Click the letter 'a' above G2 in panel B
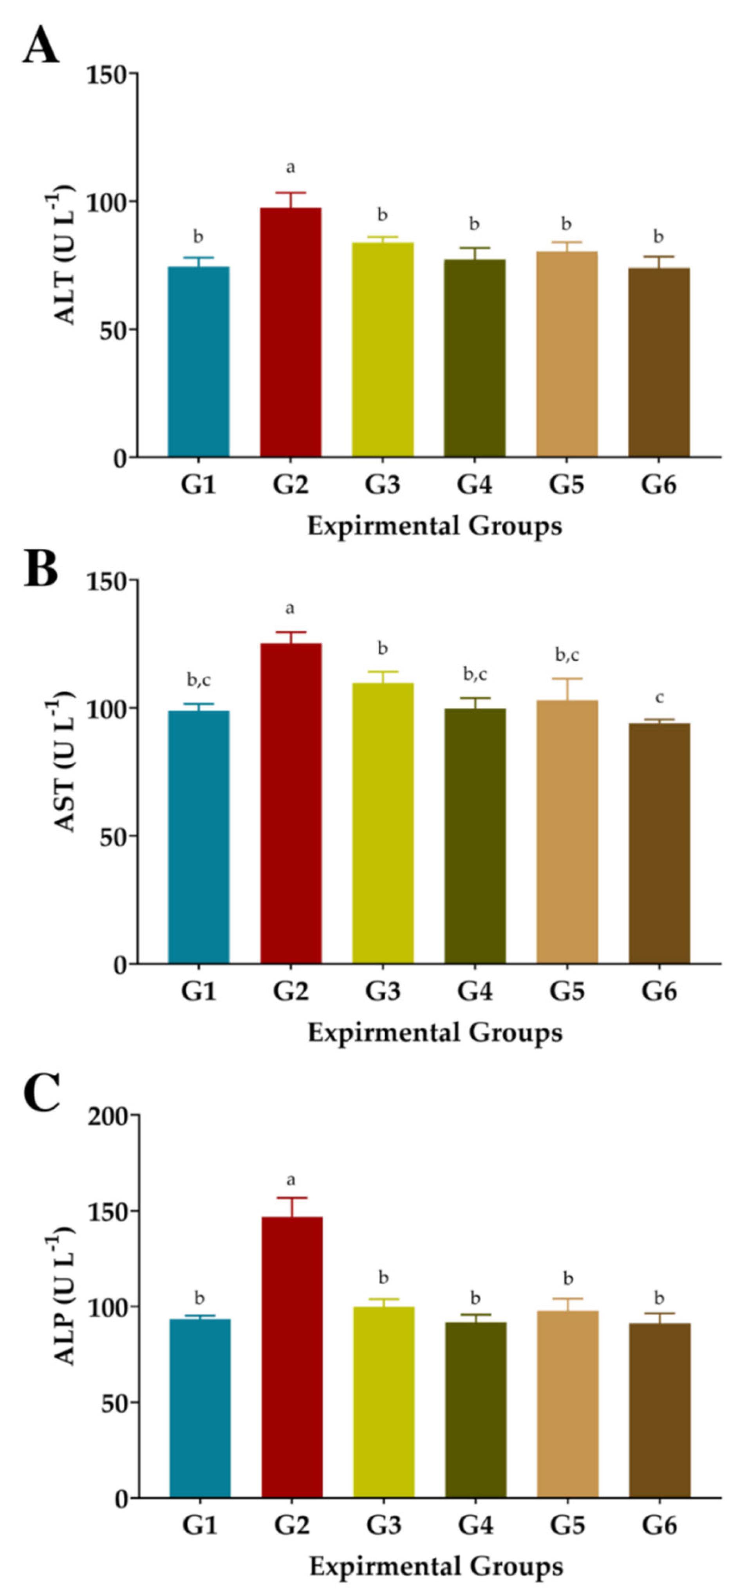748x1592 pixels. pos(289,609)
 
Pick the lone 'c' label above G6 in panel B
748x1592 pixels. pos(659,698)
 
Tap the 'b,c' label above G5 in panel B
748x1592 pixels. pos(567,655)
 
